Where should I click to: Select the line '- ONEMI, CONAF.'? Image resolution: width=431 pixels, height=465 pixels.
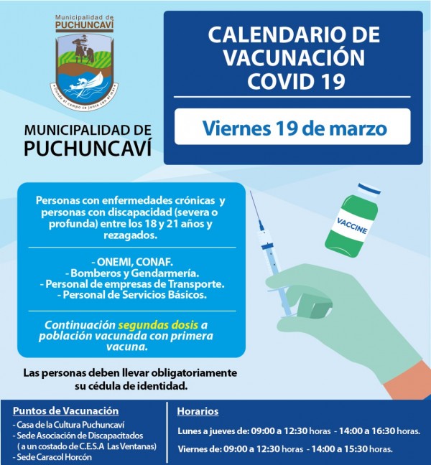pos(126,262)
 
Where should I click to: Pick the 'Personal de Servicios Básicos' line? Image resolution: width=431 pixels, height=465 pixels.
pos(126,294)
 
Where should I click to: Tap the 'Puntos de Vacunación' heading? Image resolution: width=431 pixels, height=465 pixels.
pos(65,411)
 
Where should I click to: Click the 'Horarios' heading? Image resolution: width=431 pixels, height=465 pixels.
pos(198,411)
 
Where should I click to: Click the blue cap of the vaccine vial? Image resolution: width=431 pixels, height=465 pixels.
pos(368,191)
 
